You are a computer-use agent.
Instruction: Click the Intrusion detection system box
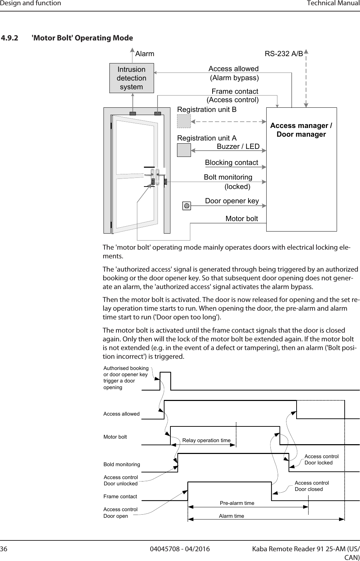click(x=131, y=78)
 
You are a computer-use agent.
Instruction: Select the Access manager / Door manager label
click(x=301, y=130)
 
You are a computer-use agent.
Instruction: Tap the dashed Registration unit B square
click(x=184, y=121)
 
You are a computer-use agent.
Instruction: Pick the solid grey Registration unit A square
click(x=184, y=150)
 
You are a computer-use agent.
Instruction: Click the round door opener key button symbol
click(x=187, y=206)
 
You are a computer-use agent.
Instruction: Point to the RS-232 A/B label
click(x=284, y=54)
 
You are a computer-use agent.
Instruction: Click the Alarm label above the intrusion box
click(x=145, y=54)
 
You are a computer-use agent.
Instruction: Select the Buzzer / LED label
click(x=238, y=146)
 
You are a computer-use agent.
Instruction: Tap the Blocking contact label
click(x=231, y=162)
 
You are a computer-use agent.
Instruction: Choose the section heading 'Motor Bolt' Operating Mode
click(x=82, y=38)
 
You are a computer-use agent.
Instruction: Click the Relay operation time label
click(x=206, y=440)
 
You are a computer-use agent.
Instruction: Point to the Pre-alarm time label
click(x=237, y=503)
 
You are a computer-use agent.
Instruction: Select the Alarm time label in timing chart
click(x=231, y=516)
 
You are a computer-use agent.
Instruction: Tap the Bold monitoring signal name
click(x=122, y=464)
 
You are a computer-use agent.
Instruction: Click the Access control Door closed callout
click(x=312, y=486)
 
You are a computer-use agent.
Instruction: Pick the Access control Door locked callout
click(x=321, y=460)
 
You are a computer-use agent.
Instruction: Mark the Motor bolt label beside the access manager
click(x=242, y=219)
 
